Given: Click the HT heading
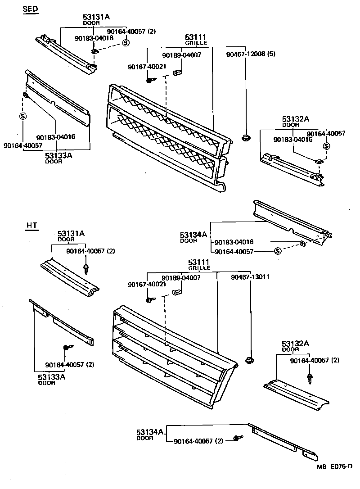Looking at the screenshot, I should click(31, 226).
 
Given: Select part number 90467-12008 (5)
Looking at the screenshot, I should click(250, 54).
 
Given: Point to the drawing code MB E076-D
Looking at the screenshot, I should click(334, 480).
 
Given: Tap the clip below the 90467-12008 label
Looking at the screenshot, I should click(245, 138).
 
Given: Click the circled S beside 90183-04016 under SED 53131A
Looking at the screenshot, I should click(126, 43).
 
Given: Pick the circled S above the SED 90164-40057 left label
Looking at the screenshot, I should click(22, 116).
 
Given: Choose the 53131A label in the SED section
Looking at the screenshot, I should click(96, 17).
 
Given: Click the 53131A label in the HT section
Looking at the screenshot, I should click(71, 233).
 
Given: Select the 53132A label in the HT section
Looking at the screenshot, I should click(296, 344).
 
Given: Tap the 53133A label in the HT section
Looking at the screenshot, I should click(51, 377).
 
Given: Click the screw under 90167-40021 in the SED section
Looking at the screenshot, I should click(150, 80).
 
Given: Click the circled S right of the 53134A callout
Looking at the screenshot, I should click(277, 251).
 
